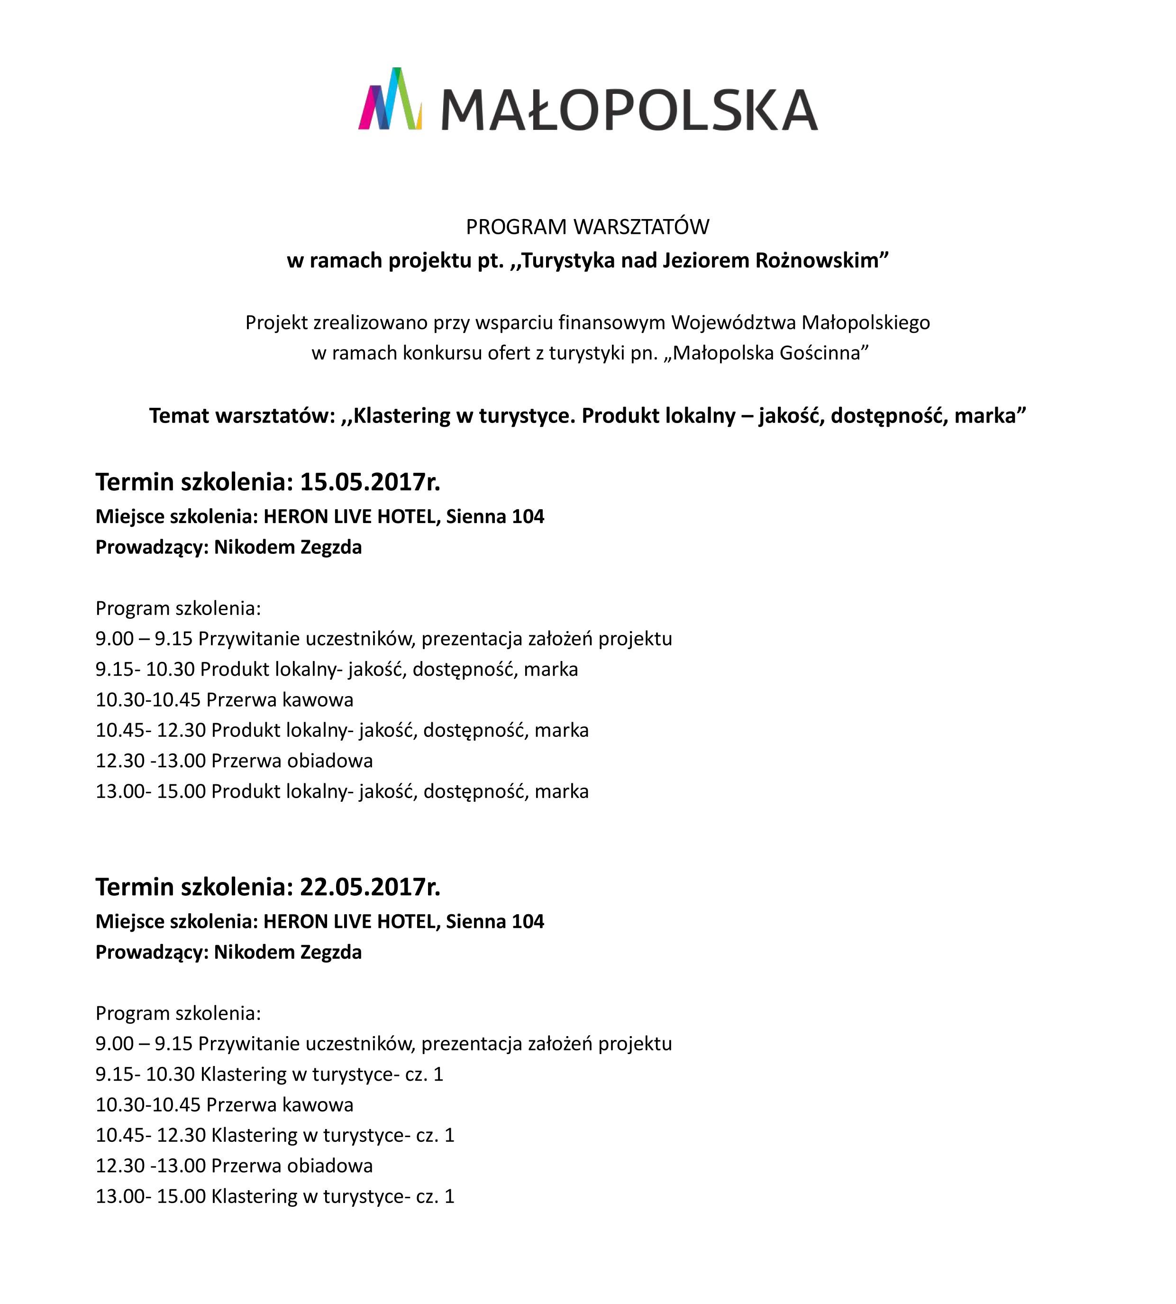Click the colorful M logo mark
(390, 99)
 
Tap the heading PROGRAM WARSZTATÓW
(587, 227)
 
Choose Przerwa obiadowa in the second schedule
(292, 1166)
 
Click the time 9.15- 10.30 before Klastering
(145, 1074)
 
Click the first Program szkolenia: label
(178, 608)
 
